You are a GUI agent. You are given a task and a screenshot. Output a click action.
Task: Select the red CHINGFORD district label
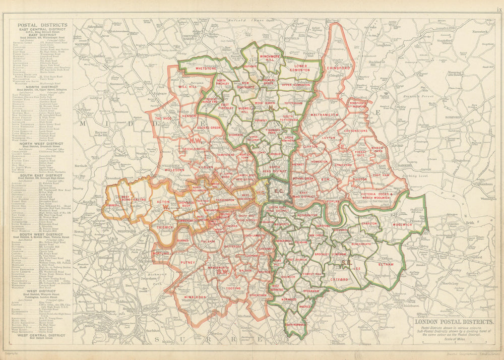[x=338, y=68]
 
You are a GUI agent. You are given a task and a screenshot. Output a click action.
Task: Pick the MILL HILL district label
[x=187, y=87]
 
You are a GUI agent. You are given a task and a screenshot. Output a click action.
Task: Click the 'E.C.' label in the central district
[x=278, y=191]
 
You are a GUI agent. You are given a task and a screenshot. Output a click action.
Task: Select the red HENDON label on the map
[x=190, y=115]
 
